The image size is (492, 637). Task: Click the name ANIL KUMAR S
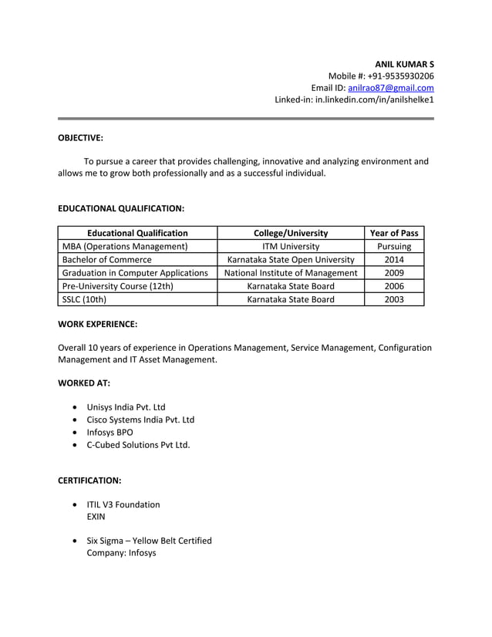tap(404, 62)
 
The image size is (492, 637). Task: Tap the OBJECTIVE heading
tap(81, 138)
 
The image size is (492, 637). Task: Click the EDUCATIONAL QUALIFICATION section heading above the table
tap(121, 208)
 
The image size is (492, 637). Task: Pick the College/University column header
tap(291, 233)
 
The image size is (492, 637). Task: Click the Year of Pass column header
tap(394, 233)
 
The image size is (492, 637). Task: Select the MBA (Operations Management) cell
tap(125, 247)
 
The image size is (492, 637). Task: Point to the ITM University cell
tap(291, 247)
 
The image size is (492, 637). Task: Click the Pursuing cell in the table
tap(394, 247)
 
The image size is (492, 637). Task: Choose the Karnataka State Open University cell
tap(291, 260)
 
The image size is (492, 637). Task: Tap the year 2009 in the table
tap(394, 273)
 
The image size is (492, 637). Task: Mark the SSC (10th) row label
tap(84, 299)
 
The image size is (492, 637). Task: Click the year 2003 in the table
tap(394, 299)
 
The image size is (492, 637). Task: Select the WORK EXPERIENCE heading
tap(98, 325)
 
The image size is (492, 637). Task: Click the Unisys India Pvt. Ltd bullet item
tap(126, 407)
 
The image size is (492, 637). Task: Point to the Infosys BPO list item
tap(110, 432)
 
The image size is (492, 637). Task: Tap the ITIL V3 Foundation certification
tap(123, 504)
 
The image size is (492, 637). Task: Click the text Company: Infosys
tap(121, 553)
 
